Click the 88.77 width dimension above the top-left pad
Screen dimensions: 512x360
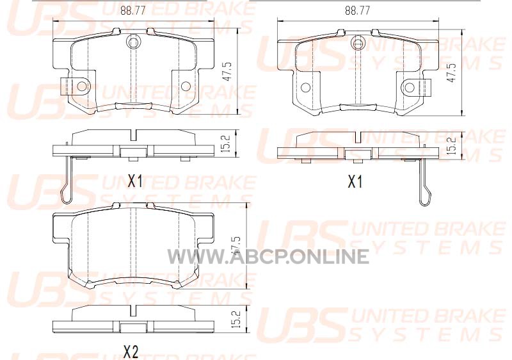pyautogui.click(x=132, y=11)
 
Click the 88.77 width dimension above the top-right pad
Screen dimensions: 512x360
pyautogui.click(x=358, y=11)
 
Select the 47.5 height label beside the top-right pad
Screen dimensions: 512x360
pyautogui.click(x=452, y=71)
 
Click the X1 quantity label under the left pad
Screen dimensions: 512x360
pyautogui.click(x=135, y=181)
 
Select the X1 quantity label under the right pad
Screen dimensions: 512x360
pyautogui.click(x=355, y=181)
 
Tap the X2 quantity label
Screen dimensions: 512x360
pyautogui.click(x=131, y=352)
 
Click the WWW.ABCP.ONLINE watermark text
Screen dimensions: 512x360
pyautogui.click(x=268, y=256)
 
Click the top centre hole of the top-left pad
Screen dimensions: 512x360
pyautogui.click(x=132, y=42)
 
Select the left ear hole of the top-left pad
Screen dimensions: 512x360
pyautogui.click(x=82, y=86)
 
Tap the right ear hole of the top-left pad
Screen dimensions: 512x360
pyautogui.click(x=185, y=86)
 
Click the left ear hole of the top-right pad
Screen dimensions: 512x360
pyautogui.click(x=306, y=88)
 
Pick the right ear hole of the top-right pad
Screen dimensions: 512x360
pyautogui.click(x=410, y=88)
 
